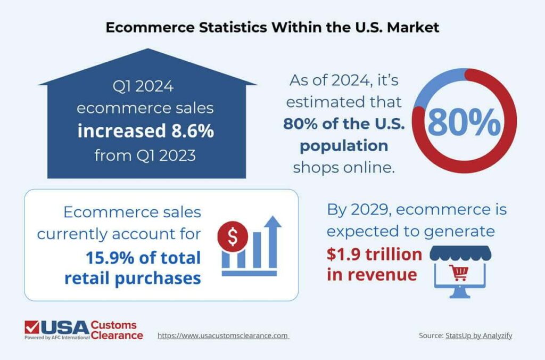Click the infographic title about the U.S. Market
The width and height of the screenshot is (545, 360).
272,27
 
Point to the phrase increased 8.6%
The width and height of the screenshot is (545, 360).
145,131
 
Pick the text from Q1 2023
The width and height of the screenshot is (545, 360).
145,156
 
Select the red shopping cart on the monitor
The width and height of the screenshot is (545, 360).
459,273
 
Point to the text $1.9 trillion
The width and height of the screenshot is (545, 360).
374,255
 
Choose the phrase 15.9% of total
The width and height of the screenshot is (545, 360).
143,258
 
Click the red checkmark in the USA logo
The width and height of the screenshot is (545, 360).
32,326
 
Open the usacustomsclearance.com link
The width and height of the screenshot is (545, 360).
223,336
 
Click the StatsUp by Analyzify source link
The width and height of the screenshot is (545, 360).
478,336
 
